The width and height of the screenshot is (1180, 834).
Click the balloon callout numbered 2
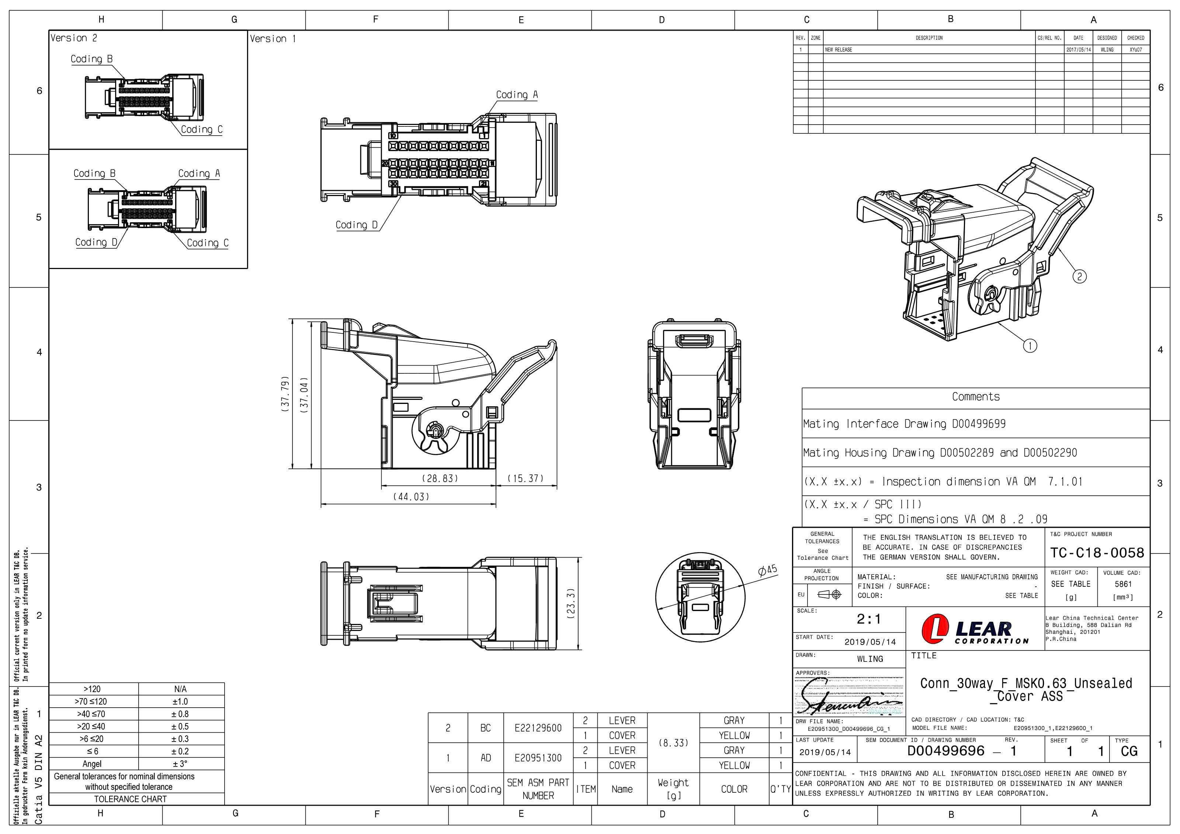coord(1079,276)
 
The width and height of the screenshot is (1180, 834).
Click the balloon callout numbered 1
coord(1030,346)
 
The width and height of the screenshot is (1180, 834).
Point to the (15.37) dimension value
coord(525,479)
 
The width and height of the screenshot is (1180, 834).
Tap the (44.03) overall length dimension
coord(411,497)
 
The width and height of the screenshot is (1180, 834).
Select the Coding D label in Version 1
coord(356,225)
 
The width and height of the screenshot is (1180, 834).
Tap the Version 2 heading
coord(73,38)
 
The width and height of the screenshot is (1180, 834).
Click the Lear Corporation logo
coord(975,629)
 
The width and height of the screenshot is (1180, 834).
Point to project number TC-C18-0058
coord(1097,553)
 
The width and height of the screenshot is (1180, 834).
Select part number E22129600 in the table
coord(538,728)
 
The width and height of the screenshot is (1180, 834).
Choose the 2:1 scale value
coord(868,620)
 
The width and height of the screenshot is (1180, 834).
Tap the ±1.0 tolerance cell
coord(180,701)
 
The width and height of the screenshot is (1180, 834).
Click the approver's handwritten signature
coord(849,697)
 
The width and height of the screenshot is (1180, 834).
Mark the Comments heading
coord(975,397)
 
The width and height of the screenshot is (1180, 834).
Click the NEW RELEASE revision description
coord(839,50)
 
